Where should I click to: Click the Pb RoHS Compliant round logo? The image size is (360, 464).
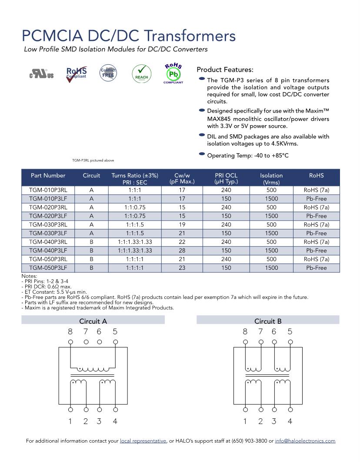click(x=173, y=73)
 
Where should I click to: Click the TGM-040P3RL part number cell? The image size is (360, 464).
click(x=48, y=242)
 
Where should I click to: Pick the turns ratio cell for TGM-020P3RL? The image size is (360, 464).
click(x=135, y=207)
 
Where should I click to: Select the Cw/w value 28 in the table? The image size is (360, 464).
click(x=182, y=251)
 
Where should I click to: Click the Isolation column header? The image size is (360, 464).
click(x=271, y=179)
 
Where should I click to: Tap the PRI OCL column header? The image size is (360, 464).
click(x=226, y=179)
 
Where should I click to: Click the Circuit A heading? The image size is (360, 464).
click(x=93, y=321)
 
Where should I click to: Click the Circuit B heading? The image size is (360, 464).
click(x=268, y=321)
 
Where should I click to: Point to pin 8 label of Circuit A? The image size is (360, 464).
click(x=70, y=332)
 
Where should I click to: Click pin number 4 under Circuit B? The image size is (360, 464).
click(x=290, y=421)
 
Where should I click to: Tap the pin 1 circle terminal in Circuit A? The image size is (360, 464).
click(x=70, y=409)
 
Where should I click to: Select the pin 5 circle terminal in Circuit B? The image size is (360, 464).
click(x=290, y=342)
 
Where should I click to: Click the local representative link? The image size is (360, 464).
click(x=143, y=441)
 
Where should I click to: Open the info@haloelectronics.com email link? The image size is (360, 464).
click(x=305, y=441)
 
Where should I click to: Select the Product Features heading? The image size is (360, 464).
click(x=225, y=70)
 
